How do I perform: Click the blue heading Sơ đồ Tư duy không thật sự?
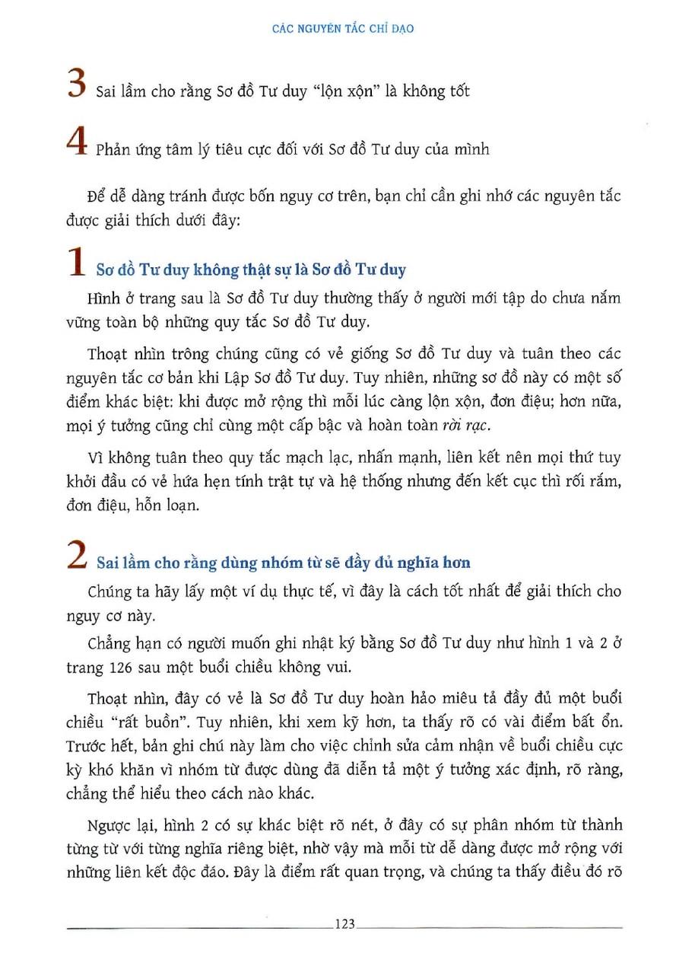click(251, 269)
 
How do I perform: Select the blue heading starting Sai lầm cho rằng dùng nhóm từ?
click(284, 563)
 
